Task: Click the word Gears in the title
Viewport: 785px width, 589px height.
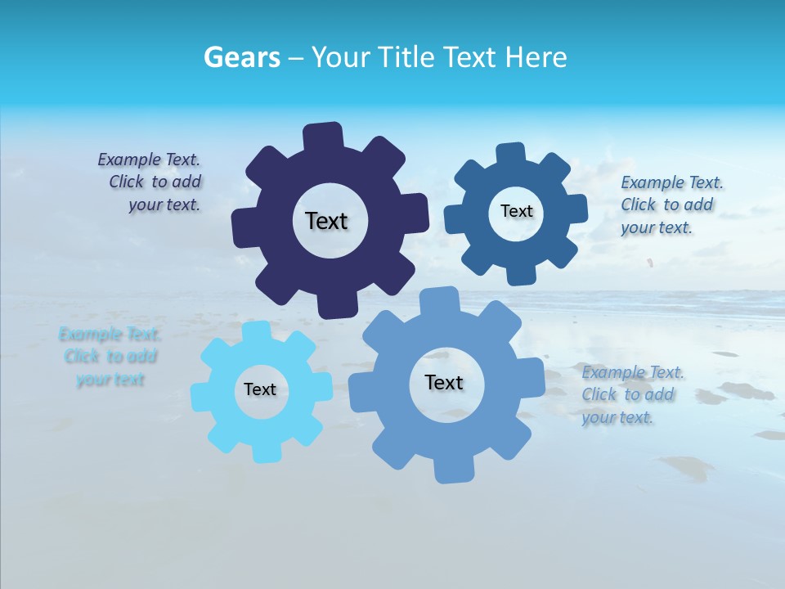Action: pos(241,57)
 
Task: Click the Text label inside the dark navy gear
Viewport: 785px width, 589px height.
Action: pos(326,221)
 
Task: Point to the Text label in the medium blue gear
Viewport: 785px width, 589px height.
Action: pos(516,211)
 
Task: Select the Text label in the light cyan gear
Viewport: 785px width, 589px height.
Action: pos(260,389)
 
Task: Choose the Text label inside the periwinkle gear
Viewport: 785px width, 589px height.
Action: pos(444,382)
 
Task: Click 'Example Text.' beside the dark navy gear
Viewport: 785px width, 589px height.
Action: pos(149,160)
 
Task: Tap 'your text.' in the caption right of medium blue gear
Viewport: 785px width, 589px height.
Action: pos(657,228)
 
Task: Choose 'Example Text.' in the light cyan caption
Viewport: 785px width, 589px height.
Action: pos(110,335)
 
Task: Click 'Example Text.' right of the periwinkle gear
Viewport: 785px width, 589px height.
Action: pos(634,372)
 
